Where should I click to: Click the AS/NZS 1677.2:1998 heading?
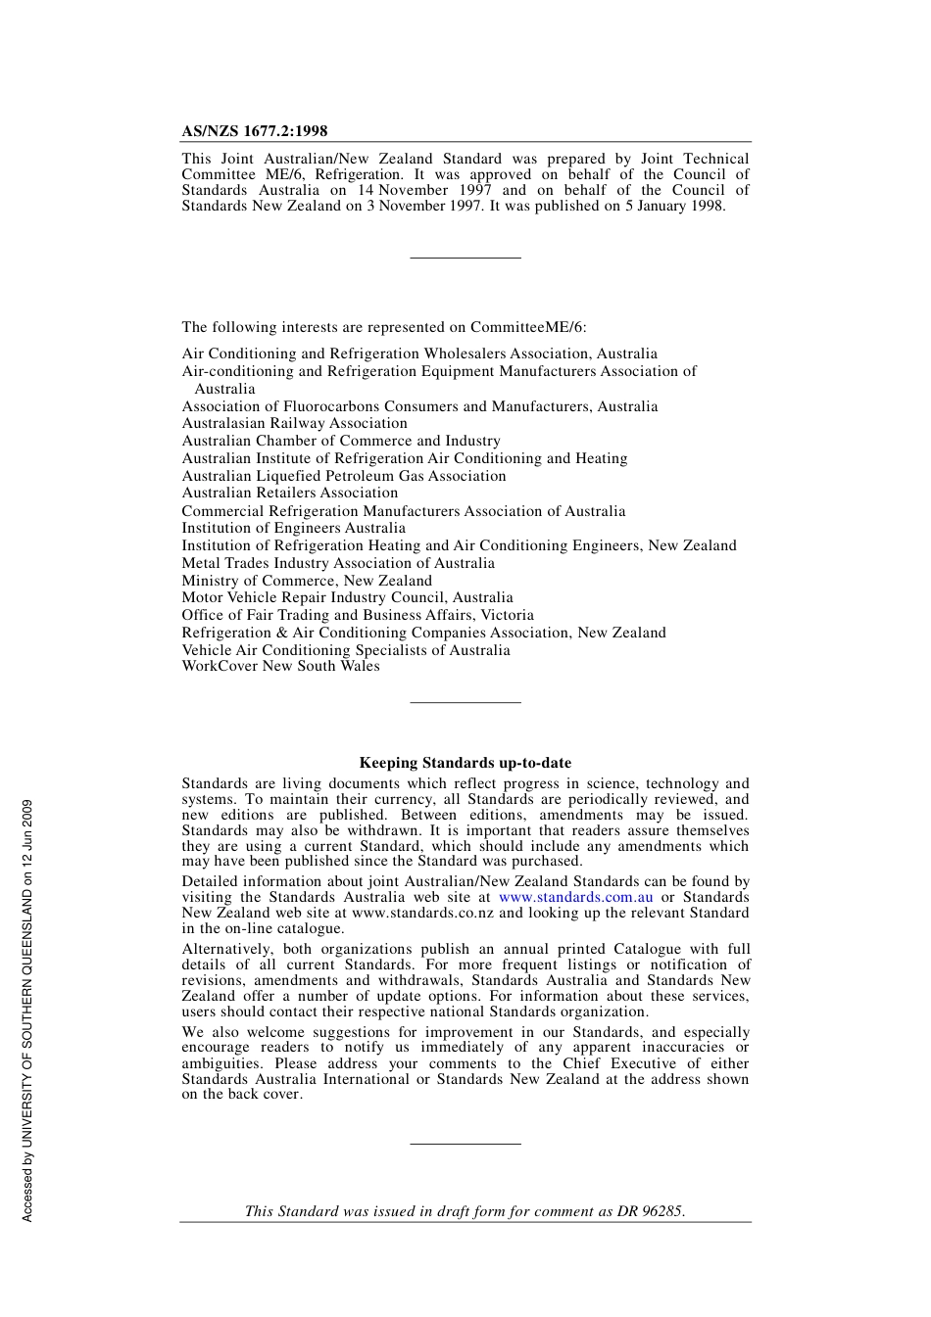click(255, 131)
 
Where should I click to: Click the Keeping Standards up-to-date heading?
click(465, 763)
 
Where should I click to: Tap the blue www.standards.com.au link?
click(575, 897)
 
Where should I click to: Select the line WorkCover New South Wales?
click(280, 666)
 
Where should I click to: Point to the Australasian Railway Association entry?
click(294, 423)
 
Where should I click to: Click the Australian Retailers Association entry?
click(289, 493)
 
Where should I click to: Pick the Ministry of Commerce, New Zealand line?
click(306, 581)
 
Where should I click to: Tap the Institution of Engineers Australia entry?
click(293, 528)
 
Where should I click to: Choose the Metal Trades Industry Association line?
click(337, 563)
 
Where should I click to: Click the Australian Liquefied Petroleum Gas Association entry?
click(343, 476)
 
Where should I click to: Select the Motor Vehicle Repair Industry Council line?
click(347, 597)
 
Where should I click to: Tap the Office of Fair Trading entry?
click(357, 615)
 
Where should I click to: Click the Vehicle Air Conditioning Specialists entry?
click(345, 650)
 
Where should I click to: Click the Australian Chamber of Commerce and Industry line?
click(340, 441)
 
